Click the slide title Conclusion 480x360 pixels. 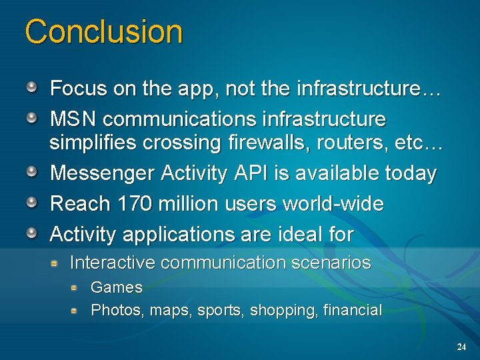[x=103, y=32]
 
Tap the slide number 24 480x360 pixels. [x=461, y=347]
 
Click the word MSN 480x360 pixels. [x=74, y=119]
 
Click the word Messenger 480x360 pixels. [x=103, y=174]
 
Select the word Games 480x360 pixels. [x=117, y=287]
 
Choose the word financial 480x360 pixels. [x=352, y=310]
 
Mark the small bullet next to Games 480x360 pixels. [x=76, y=287]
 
